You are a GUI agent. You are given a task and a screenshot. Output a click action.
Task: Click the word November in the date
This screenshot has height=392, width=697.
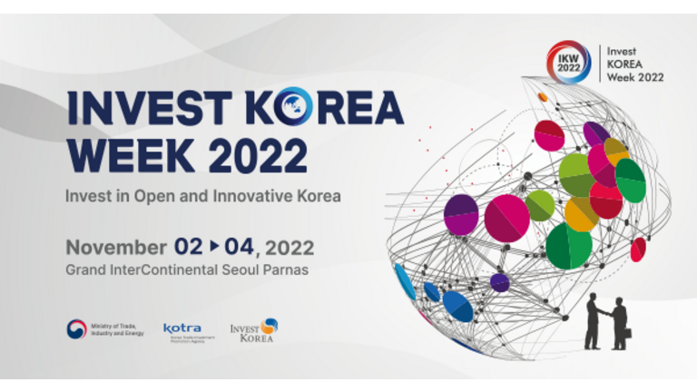point(115,246)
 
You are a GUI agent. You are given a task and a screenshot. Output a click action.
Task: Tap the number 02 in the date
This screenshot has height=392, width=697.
point(189,246)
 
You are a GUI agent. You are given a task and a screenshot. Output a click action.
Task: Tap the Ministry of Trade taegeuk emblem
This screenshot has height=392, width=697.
point(76,329)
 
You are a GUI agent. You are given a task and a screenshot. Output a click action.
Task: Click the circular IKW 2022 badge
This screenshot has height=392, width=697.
point(568,63)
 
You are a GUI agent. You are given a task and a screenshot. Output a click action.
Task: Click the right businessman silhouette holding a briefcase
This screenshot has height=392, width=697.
point(619,323)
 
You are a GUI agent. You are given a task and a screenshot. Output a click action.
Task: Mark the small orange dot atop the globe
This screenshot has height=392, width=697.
point(543,97)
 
